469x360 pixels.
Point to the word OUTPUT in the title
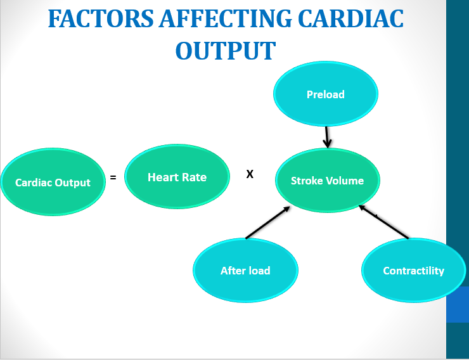(225, 51)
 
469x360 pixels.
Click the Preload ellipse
(326, 94)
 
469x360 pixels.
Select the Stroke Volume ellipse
(328, 181)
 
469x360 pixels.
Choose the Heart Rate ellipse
(177, 177)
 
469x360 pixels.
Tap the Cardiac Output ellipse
(53, 183)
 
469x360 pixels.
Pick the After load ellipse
(245, 271)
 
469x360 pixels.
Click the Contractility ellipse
(413, 271)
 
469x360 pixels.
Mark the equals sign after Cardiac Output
(113, 178)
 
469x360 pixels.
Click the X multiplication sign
(250, 174)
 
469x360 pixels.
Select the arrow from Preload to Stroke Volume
(327, 136)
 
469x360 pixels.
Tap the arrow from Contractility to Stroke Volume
(384, 222)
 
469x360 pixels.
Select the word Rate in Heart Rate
(195, 177)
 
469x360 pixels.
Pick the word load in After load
(259, 271)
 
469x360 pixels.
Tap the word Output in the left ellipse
(74, 183)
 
